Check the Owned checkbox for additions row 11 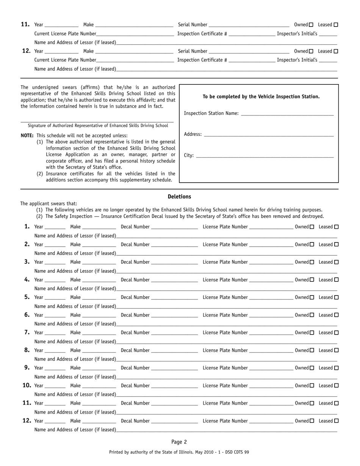coord(311,25)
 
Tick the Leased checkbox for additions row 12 coord(336,51)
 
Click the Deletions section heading coord(179,197)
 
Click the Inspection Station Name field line coord(287,113)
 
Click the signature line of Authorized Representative coord(97,120)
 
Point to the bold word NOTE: coord(27,136)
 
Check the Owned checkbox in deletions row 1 coord(312,227)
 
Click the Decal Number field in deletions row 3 coord(174,262)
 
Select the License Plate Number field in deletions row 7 coord(271,333)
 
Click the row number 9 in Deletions coord(27,367)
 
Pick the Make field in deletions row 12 coord(99,421)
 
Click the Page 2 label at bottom coord(179,442)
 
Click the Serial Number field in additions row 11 coord(249,25)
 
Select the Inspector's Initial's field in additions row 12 coord(328,60)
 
